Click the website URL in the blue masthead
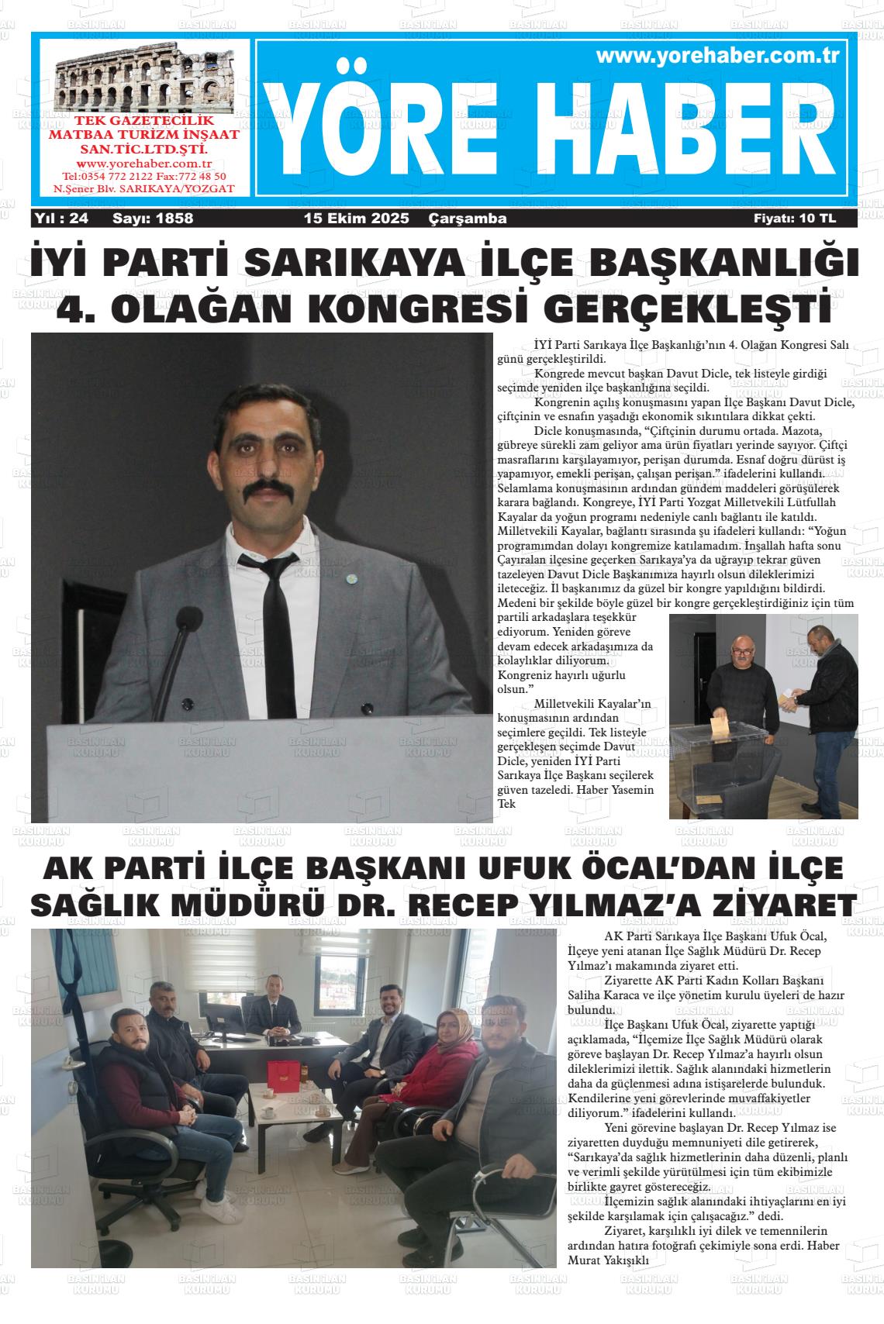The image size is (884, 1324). [x=719, y=56]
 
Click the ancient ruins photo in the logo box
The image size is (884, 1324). [x=144, y=78]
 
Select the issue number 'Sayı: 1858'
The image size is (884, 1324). [x=153, y=219]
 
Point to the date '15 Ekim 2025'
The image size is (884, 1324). [x=356, y=219]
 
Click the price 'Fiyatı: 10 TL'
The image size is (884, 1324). [x=794, y=219]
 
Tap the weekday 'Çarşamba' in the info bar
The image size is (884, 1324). [x=468, y=219]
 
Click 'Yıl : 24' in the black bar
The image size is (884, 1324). [x=61, y=219]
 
